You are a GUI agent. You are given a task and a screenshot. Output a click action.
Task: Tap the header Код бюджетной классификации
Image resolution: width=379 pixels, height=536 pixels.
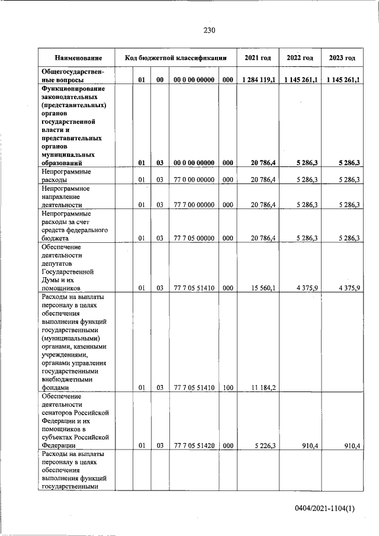pyautogui.click(x=176, y=58)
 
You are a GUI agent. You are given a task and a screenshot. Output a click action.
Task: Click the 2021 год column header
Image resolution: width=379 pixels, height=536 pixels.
pyautogui.click(x=258, y=58)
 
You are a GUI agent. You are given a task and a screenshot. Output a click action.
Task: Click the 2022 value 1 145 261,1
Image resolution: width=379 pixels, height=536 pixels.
pyautogui.click(x=300, y=79)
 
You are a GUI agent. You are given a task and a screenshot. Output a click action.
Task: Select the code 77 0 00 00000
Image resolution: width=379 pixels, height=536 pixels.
pyautogui.click(x=194, y=178)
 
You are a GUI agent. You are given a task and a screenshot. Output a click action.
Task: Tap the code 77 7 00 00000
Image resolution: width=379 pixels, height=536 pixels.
pyautogui.click(x=194, y=204)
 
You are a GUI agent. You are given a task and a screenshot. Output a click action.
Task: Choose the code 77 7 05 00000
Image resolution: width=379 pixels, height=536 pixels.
pyautogui.click(x=194, y=238)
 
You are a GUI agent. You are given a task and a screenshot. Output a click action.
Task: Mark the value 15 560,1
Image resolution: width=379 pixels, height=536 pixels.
pyautogui.click(x=262, y=288)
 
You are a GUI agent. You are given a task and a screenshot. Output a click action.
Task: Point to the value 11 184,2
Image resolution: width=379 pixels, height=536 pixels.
pyautogui.click(x=262, y=387)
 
